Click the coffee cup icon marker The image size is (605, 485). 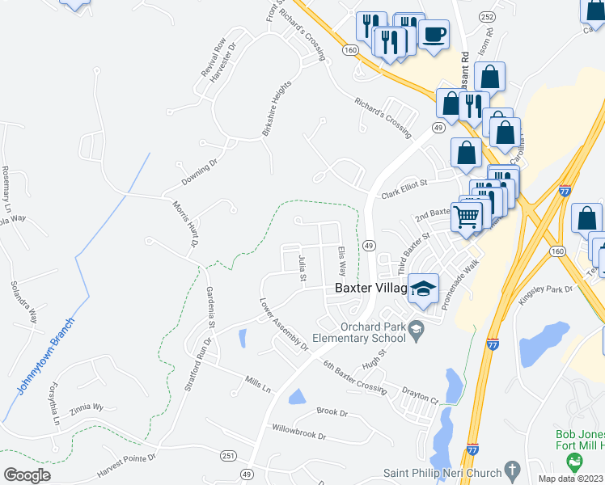click(x=434, y=35)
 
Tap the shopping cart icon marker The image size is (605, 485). click(x=467, y=216)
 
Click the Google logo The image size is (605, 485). click(x=27, y=475)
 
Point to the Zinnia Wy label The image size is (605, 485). click(x=87, y=409)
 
